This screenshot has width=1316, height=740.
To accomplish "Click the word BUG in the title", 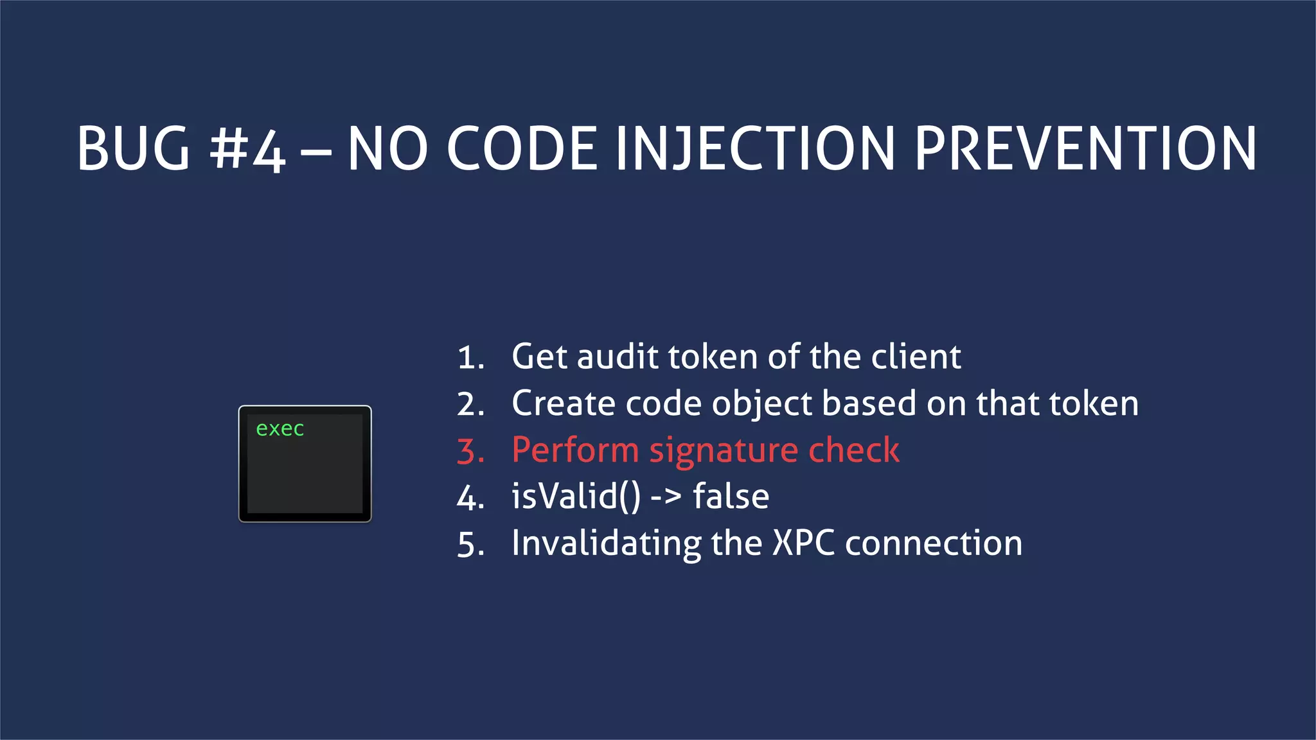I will click(x=134, y=148).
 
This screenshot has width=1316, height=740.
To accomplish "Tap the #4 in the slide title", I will click(x=247, y=148).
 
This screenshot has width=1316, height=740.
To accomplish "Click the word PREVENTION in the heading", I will click(x=1085, y=148).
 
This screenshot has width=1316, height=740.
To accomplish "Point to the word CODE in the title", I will click(x=522, y=148).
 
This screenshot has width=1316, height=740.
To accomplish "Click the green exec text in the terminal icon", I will click(x=280, y=429).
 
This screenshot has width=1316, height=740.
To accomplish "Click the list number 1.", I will click(x=470, y=358).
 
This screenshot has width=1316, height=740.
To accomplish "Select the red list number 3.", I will click(x=470, y=451).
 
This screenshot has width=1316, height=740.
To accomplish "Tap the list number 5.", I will click(x=470, y=545).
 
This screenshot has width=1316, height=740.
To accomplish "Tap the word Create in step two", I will click(x=563, y=403).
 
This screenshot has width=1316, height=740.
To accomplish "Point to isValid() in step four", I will click(x=576, y=497).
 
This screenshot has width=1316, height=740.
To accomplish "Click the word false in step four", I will click(x=731, y=497).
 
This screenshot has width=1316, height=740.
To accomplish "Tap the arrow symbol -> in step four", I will click(x=666, y=497).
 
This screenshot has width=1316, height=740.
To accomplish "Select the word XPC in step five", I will click(x=803, y=543).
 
